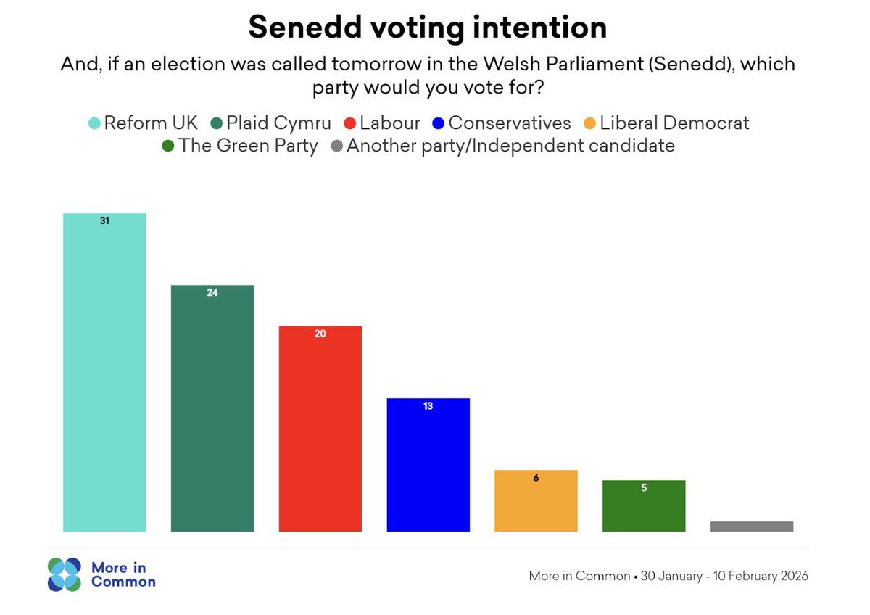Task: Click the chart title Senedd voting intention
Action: tap(427, 28)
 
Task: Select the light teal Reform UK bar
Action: tap(104, 377)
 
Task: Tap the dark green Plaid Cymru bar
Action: tap(212, 413)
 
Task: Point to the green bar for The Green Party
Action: tap(644, 509)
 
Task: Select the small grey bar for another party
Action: tap(752, 527)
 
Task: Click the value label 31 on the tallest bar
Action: tap(104, 220)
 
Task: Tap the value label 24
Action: tap(212, 293)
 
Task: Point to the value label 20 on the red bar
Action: tap(320, 334)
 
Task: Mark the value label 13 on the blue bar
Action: tap(428, 406)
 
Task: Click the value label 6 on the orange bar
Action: tap(536, 478)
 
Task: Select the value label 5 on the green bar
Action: tap(644, 488)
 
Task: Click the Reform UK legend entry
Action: tap(144, 123)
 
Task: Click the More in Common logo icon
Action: tap(65, 574)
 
